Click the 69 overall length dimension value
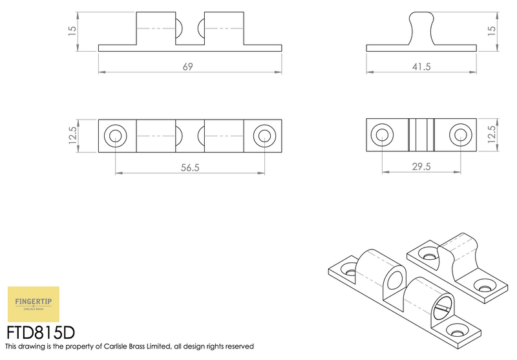(x=189, y=66)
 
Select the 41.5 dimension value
(x=422, y=66)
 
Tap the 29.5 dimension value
(x=421, y=167)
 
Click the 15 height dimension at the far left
(x=72, y=29)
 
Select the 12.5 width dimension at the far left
(x=72, y=136)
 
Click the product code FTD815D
(x=41, y=332)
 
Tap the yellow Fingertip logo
(x=33, y=304)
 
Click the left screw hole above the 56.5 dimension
(x=116, y=136)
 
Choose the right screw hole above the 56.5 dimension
(x=264, y=136)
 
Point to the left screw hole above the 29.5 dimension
(x=383, y=135)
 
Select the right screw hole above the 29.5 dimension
(x=460, y=135)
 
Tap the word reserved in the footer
(x=238, y=348)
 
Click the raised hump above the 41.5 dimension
(x=421, y=26)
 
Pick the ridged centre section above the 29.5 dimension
(x=421, y=135)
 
